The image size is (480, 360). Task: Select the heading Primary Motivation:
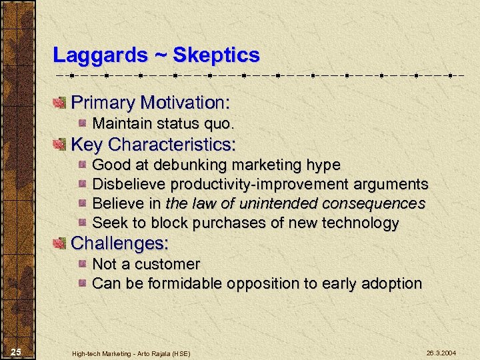pos(150,103)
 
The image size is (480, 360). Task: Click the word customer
pos(169,264)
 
